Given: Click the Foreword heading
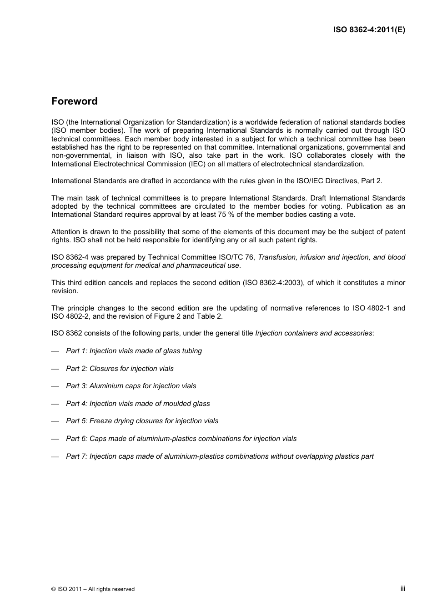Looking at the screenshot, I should [74, 101].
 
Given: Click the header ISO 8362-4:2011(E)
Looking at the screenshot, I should [369, 30].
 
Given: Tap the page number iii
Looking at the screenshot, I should [402, 588].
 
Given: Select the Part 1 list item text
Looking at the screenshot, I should [134, 351].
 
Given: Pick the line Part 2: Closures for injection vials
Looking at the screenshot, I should [120, 369].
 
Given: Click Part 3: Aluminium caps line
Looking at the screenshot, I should [131, 386].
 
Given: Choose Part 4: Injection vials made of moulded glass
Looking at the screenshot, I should [138, 404].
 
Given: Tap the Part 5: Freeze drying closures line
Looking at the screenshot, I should [142, 421].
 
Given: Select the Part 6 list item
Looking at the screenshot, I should [181, 439].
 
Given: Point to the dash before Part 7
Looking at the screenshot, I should [55, 457].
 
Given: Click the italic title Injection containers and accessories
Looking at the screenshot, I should [314, 333].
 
